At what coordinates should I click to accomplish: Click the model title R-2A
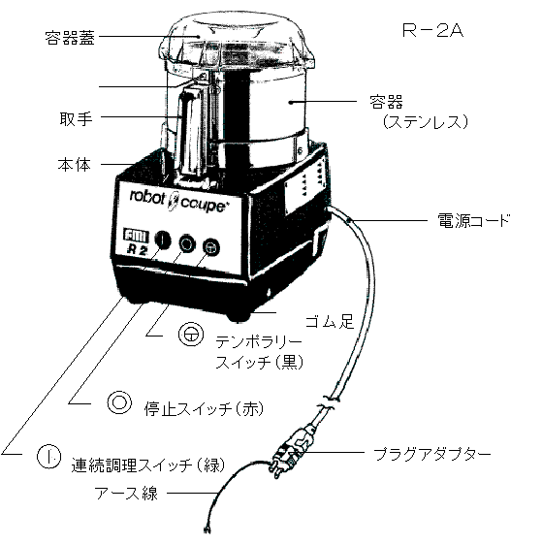432,30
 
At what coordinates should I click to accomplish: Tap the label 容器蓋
70,38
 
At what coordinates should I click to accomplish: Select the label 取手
76,119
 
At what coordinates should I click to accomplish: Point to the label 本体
75,165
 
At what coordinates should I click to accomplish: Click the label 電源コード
473,220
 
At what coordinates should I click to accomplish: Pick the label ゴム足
330,321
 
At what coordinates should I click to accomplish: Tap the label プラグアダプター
431,454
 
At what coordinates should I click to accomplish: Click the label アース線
126,493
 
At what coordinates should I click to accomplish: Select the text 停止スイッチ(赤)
204,409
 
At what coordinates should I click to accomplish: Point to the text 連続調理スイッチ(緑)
148,465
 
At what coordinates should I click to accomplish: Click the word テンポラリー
259,342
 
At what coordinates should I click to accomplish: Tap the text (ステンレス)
426,122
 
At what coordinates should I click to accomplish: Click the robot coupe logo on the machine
177,201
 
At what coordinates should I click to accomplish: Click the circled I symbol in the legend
49,456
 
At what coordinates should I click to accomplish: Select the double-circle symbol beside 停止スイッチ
119,401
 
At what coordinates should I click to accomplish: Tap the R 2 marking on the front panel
138,249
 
